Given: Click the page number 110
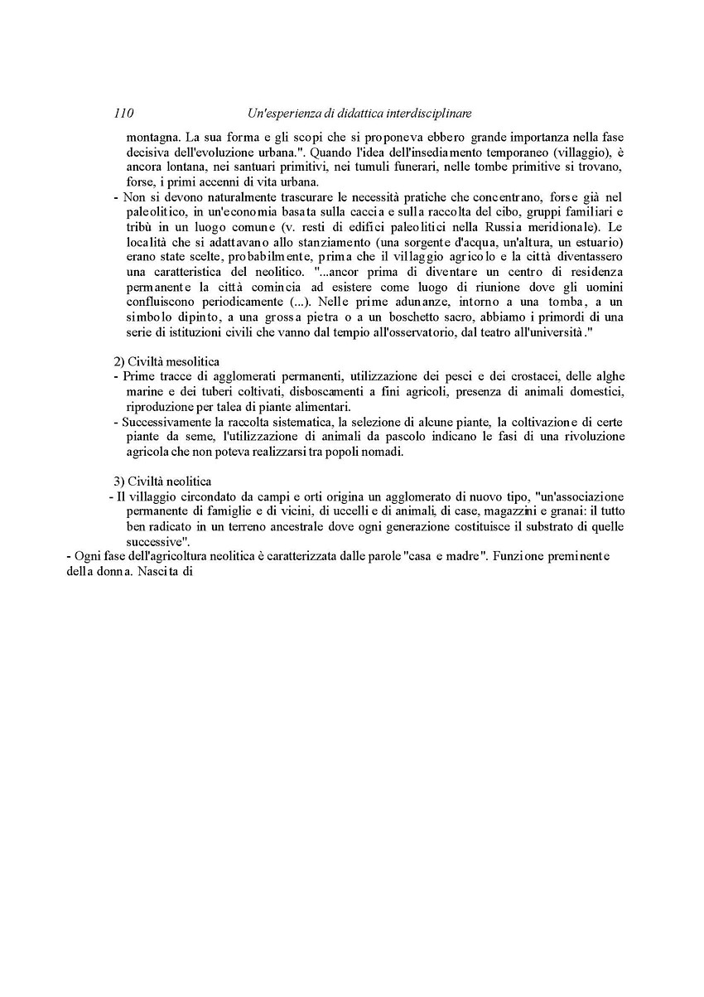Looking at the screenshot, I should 124,113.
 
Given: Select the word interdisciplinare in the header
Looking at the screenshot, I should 426,113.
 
